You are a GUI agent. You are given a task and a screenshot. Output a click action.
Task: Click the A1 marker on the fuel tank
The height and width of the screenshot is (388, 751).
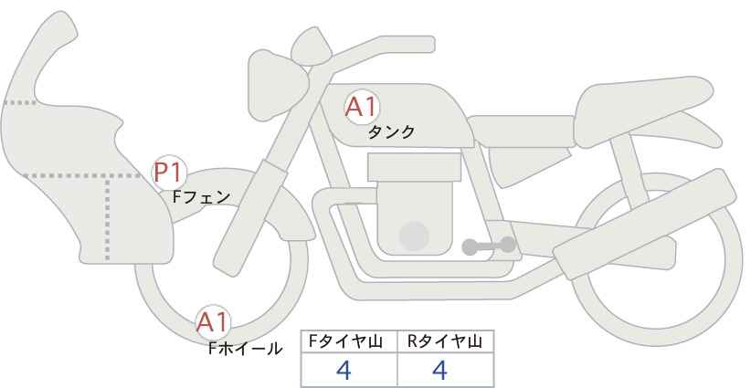(362, 107)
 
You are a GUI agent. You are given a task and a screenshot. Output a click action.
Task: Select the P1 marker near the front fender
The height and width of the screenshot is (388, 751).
(169, 173)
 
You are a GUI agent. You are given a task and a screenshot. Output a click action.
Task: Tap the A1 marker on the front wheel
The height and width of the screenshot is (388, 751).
(213, 322)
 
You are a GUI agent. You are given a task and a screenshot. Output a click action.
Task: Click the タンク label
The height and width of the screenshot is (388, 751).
(391, 132)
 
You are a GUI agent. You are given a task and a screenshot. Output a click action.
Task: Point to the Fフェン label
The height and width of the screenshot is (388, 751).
(201, 197)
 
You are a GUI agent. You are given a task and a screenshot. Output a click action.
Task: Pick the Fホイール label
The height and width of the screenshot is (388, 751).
(245, 349)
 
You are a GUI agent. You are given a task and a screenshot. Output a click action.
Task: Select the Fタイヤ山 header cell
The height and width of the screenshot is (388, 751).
(349, 341)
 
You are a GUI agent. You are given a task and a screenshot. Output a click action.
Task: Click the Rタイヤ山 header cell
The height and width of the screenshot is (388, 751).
(446, 341)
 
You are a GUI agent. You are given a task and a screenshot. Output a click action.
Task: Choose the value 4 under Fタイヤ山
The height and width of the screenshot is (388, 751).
(344, 370)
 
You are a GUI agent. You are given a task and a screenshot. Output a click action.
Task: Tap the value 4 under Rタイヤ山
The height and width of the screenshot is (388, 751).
(439, 370)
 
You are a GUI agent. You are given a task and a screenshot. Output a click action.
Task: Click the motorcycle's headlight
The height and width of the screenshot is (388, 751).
(275, 85)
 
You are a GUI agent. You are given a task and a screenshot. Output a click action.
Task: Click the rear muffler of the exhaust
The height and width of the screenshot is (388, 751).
(645, 224)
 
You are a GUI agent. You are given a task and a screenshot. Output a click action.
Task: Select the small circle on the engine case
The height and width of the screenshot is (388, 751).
(414, 236)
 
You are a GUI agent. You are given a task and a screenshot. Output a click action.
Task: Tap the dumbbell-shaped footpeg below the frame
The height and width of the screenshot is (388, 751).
(489, 246)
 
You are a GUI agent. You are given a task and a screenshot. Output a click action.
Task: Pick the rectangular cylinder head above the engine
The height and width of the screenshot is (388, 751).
(414, 167)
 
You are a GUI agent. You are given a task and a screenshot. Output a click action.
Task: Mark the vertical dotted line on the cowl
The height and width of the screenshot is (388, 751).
(107, 218)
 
